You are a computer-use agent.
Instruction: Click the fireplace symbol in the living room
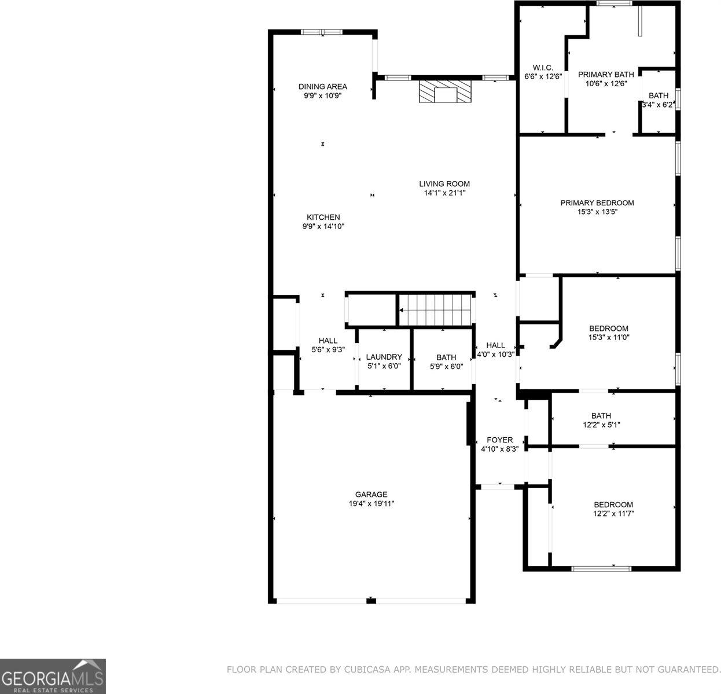coord(445,91)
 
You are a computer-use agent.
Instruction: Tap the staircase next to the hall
coord(435,310)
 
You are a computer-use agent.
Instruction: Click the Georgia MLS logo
coord(53,676)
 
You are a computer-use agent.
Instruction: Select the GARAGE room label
coord(371,494)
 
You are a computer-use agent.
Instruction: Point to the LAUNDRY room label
coord(384,357)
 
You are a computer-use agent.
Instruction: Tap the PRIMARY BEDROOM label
coord(597,203)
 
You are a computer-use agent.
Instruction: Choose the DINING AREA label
coord(322,87)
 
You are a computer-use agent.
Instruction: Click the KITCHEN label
coord(323,217)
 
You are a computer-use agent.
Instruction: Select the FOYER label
coord(499,440)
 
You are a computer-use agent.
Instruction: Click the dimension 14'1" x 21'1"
coord(444,193)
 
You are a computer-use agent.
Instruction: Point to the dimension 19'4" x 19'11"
coord(371,504)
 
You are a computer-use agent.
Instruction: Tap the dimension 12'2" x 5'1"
coord(601,424)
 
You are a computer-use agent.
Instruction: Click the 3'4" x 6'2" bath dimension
coord(659,105)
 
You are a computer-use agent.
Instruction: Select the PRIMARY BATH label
coord(605,74)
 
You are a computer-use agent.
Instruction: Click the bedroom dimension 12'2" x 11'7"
coord(613,514)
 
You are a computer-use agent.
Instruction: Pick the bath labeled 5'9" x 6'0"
coord(446,357)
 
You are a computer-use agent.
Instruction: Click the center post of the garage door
coord(371,600)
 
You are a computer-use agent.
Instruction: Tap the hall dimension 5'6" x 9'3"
coord(328,350)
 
